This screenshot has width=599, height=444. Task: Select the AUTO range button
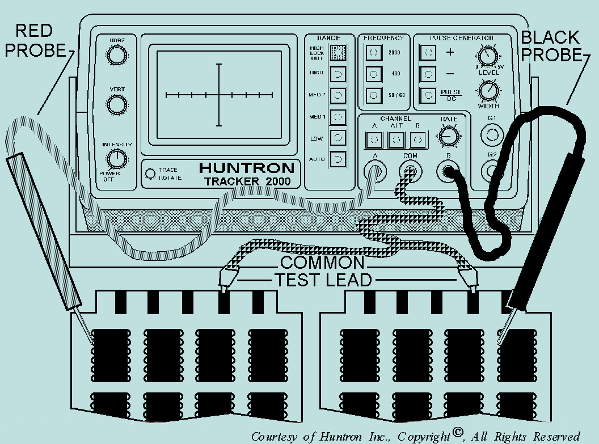338,159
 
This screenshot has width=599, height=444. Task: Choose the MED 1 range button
338,116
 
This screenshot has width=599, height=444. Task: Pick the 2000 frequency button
373,53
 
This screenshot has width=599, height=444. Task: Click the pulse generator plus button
428,53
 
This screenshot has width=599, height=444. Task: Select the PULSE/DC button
428,95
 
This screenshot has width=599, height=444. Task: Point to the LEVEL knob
487,56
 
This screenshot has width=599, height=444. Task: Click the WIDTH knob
487,90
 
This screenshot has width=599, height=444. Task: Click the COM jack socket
410,170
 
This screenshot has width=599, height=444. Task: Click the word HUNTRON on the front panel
246,168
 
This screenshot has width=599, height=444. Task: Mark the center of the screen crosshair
219,95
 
